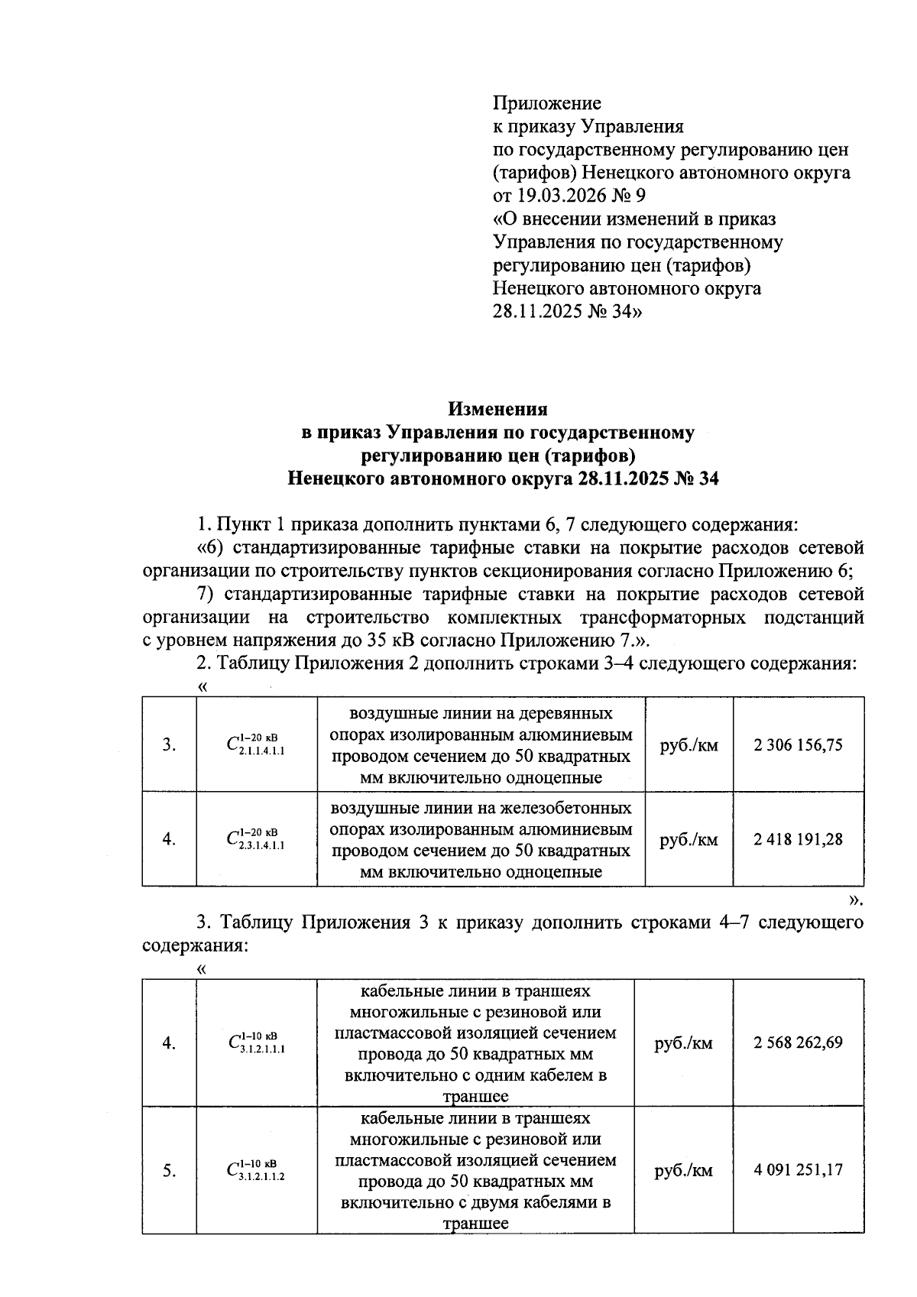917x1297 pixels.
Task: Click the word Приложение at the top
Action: pos(546,103)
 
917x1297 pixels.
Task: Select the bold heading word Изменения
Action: pos(497,410)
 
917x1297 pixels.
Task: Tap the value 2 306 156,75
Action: pos(798,744)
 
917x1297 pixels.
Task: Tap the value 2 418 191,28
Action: pos(798,839)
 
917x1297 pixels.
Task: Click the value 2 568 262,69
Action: pos(798,1042)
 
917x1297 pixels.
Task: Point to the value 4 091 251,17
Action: pos(798,1169)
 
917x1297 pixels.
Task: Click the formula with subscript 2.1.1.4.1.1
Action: pos(256,745)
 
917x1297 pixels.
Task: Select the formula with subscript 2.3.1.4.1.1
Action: pos(256,840)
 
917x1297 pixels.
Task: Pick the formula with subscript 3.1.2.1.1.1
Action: pos(256,1043)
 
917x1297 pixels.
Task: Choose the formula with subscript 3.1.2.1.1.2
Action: pos(256,1170)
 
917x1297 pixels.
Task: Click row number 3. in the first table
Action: pos(169,744)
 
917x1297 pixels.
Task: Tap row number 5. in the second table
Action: pos(169,1170)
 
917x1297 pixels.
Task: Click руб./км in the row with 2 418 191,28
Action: pos(689,840)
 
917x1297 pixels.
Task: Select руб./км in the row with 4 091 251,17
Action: pos(683,1170)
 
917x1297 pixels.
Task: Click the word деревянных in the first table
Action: pos(565,714)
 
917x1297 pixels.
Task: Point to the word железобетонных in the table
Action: pos(566,809)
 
